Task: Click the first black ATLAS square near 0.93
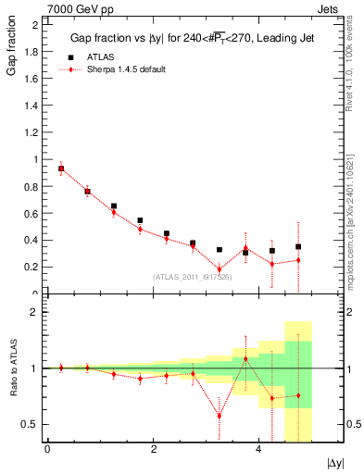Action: pos(61,168)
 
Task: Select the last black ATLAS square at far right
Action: pos(298,246)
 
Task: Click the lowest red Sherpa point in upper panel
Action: pos(220,269)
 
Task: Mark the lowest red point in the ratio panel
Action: pos(220,415)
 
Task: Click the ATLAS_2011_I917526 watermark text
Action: pos(193,277)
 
